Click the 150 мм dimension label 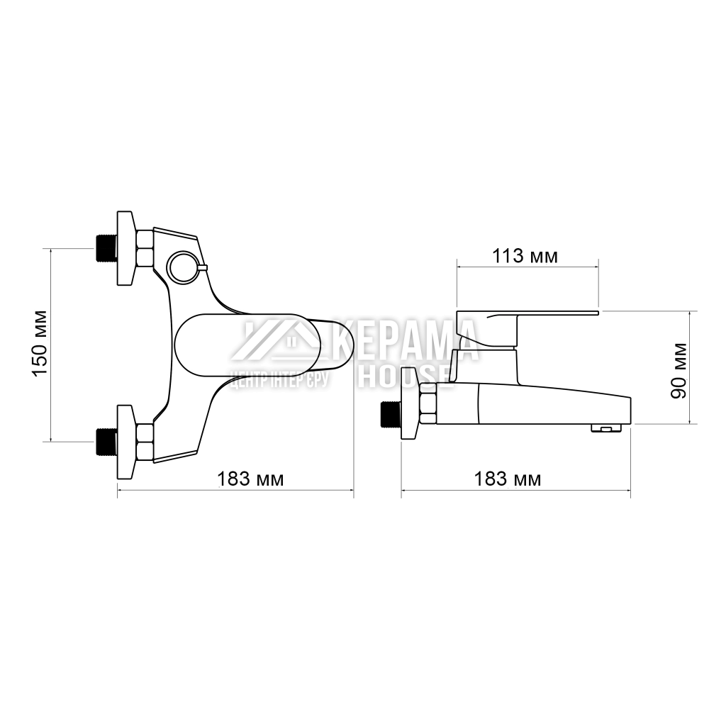click(40, 342)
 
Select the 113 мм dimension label click(525, 256)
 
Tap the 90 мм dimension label click(680, 369)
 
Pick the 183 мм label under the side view click(508, 479)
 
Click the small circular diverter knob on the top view click(181, 267)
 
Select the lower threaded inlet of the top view click(106, 442)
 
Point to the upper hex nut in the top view click(145, 248)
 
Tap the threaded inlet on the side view click(391, 414)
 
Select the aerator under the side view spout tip click(604, 428)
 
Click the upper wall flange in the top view click(126, 248)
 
